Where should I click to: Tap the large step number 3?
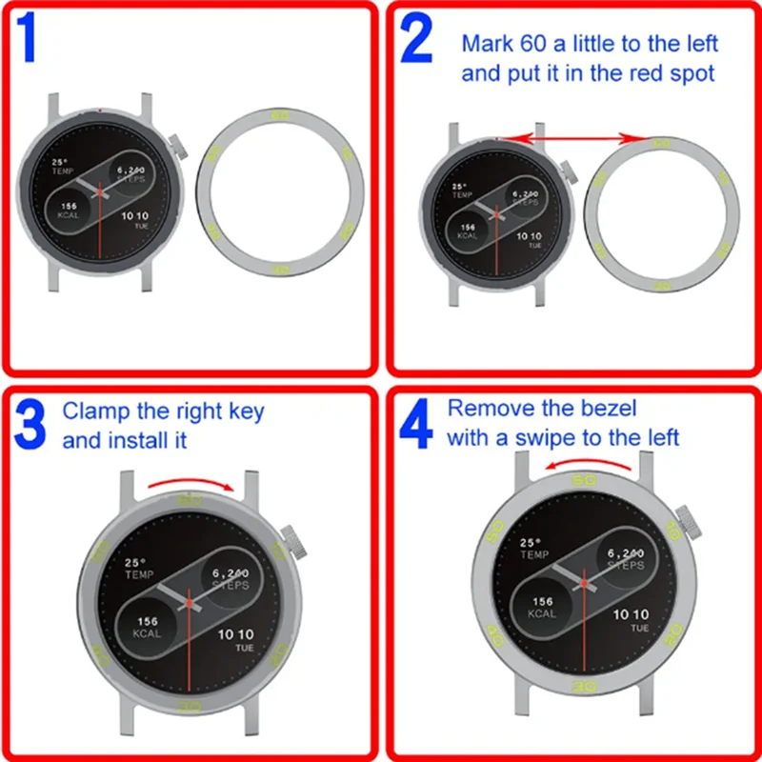(32, 427)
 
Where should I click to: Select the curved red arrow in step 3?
(191, 485)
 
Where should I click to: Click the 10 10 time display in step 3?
(236, 635)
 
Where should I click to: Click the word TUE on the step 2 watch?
(534, 246)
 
